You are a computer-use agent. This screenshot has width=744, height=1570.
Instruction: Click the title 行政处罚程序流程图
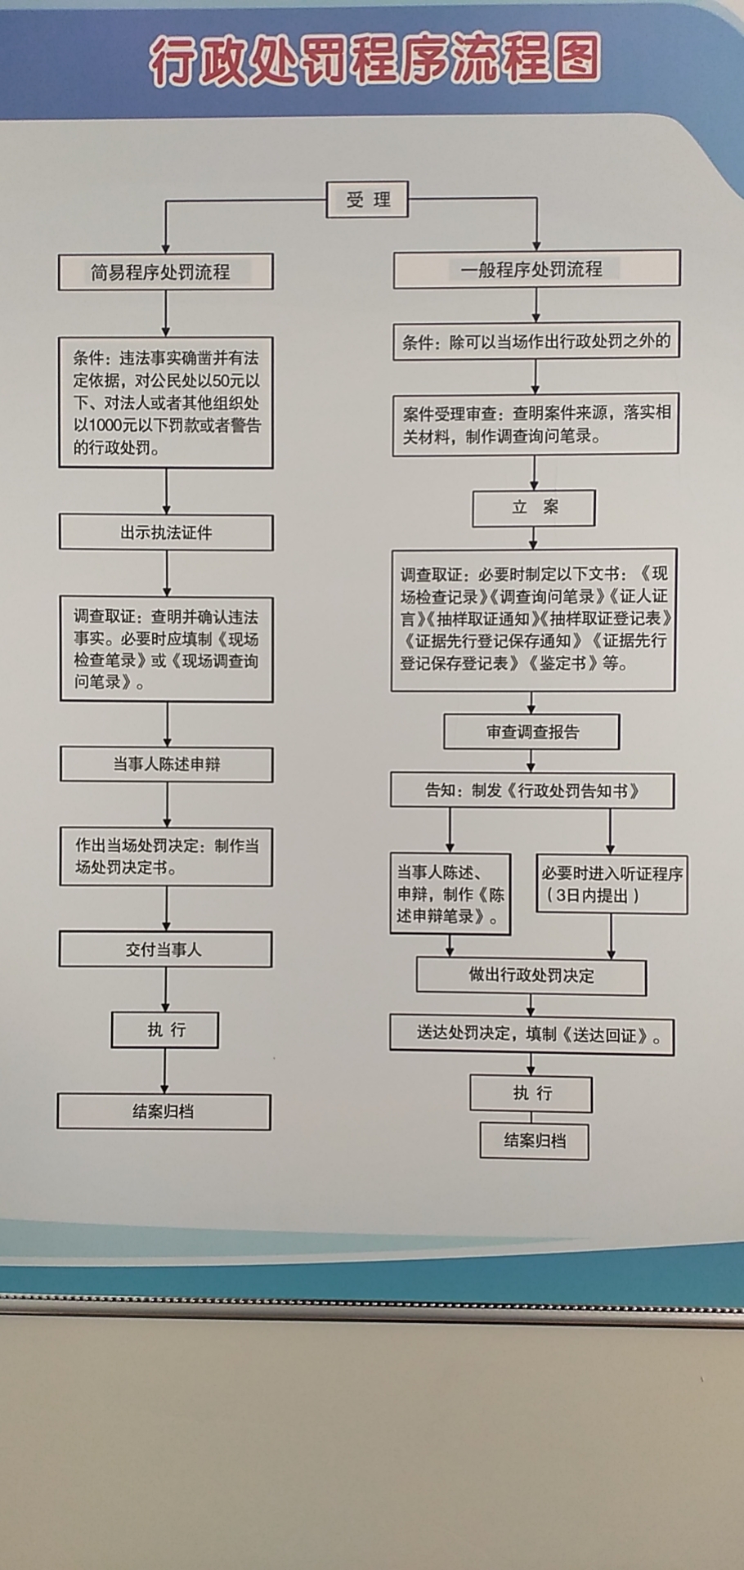[374, 61]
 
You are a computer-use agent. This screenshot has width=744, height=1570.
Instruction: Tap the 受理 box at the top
[367, 200]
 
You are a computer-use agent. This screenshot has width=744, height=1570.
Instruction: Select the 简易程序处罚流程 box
[165, 272]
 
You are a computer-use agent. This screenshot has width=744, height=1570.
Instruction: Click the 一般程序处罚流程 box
[536, 269]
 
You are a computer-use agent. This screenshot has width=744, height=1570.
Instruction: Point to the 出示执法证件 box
[166, 533]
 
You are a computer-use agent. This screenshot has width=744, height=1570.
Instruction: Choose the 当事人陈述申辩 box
[167, 765]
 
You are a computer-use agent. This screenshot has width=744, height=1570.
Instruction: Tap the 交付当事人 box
[165, 949]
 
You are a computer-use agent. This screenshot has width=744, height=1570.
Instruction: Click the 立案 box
[534, 508]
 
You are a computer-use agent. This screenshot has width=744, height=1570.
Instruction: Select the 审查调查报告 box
[531, 732]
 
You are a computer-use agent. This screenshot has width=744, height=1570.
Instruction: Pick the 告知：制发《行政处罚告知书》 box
[532, 791]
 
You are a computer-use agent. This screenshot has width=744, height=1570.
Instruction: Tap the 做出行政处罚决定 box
[531, 976]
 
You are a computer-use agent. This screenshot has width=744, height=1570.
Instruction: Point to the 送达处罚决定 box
[532, 1035]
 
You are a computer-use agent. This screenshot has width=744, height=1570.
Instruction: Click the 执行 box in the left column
[165, 1030]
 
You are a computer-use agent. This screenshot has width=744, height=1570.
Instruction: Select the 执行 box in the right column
[531, 1093]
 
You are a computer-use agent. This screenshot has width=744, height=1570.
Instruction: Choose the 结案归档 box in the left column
[164, 1112]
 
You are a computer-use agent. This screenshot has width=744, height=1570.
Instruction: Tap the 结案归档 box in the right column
[534, 1141]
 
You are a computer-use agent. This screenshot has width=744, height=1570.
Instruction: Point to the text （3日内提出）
[593, 895]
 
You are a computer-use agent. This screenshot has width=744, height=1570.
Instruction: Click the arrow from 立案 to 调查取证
[534, 537]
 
